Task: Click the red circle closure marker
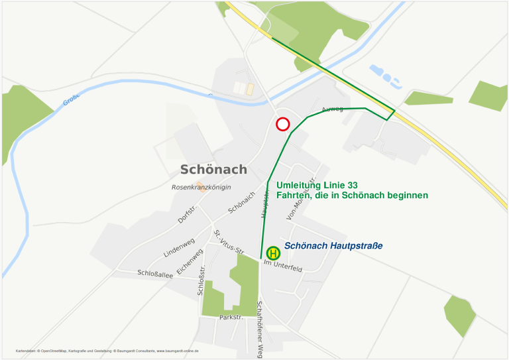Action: pyautogui.click(x=283, y=124)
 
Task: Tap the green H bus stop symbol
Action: pyautogui.click(x=273, y=253)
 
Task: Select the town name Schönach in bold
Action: pyautogui.click(x=213, y=169)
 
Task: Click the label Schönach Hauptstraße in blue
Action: pyautogui.click(x=333, y=246)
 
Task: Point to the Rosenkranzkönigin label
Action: pyautogui.click(x=201, y=188)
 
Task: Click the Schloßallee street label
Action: pyautogui.click(x=155, y=273)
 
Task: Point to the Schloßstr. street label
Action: pyautogui.click(x=202, y=278)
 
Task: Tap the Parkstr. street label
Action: pyautogui.click(x=232, y=318)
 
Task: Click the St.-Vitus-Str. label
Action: pyautogui.click(x=229, y=243)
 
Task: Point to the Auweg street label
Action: pyautogui.click(x=332, y=109)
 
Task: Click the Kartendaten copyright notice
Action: pyautogui.click(x=107, y=350)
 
